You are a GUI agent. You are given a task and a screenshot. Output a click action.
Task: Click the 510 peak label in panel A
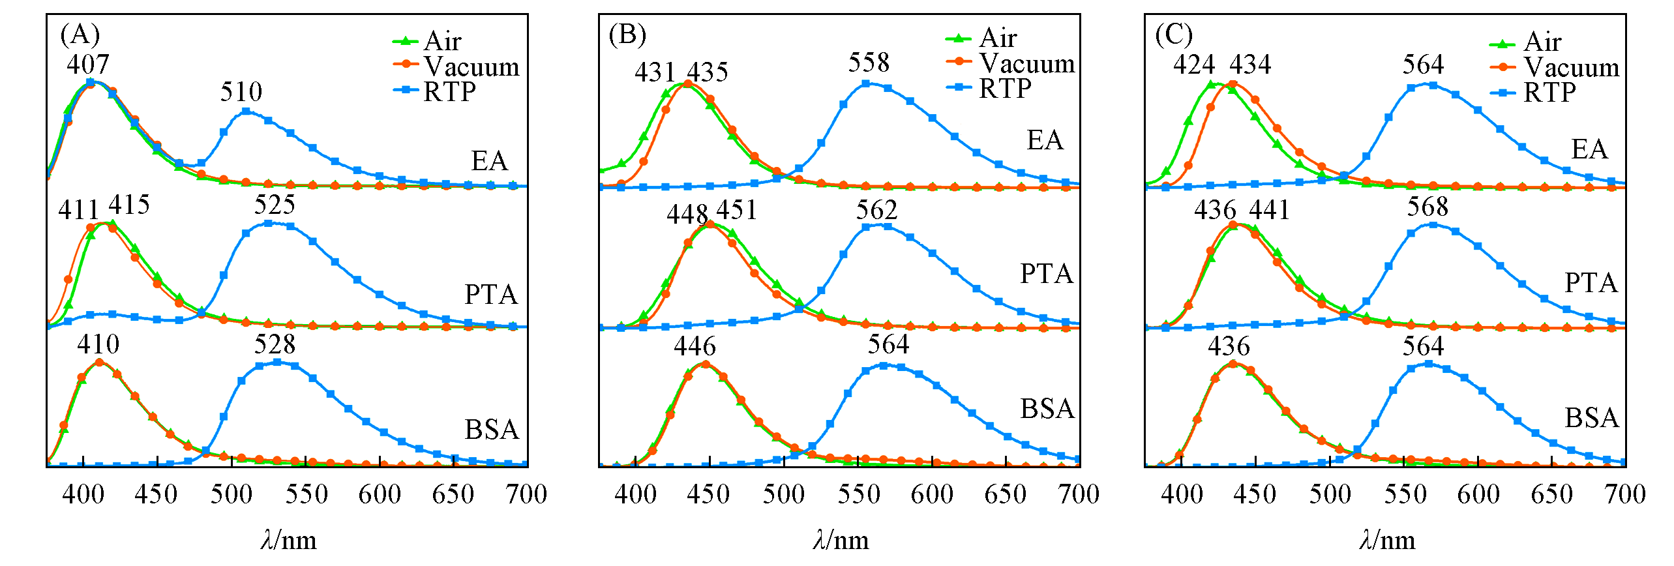241,92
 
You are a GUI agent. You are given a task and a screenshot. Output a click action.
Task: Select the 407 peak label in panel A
88,65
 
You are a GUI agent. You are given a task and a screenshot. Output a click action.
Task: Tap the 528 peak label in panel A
275,344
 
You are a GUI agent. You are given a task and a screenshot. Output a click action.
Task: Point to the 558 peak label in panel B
869,63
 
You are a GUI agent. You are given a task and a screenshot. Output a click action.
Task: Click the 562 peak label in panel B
876,211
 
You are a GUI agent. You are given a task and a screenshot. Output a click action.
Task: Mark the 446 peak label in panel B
695,346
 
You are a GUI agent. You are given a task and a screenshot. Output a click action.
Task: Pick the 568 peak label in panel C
1427,207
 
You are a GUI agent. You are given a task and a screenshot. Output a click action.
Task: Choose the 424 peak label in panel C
1194,65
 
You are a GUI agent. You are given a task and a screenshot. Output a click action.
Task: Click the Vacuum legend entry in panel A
456,67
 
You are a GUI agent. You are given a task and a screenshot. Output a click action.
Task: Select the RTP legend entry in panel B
989,89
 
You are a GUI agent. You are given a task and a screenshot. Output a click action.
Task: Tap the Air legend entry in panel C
1526,42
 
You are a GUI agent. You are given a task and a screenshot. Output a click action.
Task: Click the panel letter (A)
80,34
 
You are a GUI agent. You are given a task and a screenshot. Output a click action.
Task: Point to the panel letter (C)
1173,35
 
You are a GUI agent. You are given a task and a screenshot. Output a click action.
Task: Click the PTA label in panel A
490,295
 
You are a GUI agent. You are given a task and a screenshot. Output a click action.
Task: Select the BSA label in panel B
1047,409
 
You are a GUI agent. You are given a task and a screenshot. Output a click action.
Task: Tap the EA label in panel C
1589,149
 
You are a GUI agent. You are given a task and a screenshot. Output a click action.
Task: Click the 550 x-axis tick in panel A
306,494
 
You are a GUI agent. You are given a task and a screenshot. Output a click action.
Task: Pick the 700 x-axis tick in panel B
1079,494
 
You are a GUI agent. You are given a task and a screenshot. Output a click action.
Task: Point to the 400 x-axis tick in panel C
1181,494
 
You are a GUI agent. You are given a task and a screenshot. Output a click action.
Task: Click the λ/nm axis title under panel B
841,541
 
